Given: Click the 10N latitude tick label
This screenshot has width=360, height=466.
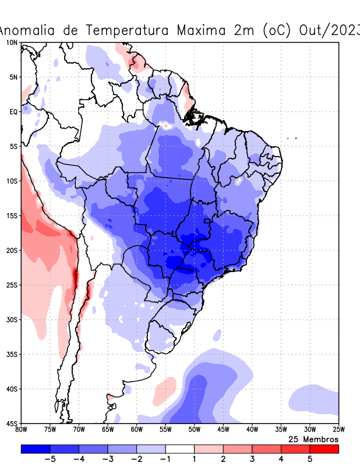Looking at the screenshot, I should [x=11, y=43].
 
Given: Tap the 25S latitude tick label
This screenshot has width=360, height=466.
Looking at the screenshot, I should [x=11, y=285].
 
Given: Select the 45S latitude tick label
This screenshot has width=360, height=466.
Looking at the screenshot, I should [x=11, y=423].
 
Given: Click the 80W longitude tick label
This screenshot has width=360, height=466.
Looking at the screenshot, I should [x=21, y=430].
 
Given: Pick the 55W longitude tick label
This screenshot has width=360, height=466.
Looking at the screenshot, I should [x=165, y=430].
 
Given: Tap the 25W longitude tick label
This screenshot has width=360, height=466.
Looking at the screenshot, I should [x=338, y=430].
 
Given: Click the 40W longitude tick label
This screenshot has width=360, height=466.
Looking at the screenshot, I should [x=252, y=430].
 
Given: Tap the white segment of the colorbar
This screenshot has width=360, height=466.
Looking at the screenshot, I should [x=180, y=449].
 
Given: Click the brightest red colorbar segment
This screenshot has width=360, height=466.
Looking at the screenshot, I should [x=324, y=449].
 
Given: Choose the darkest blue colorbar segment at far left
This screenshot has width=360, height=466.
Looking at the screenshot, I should [x=36, y=449].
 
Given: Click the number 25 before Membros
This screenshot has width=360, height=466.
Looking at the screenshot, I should [x=294, y=439].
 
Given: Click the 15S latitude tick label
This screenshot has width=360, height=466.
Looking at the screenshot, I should [x=11, y=216].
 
